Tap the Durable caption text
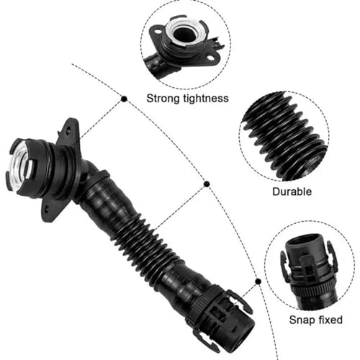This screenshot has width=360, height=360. click(x=292, y=192)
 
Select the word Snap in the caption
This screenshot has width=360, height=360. click(x=302, y=320)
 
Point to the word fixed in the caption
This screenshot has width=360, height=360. click(x=330, y=320)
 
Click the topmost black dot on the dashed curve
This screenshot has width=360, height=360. click(x=124, y=99)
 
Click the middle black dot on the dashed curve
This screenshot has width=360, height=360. click(x=207, y=184)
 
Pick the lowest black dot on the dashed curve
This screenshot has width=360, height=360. click(x=258, y=282)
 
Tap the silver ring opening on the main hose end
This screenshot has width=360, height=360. click(x=21, y=164)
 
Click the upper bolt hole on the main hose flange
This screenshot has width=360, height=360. click(x=69, y=132)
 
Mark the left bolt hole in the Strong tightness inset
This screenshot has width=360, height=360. click(x=157, y=31)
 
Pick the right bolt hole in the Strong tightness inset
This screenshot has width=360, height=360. click(x=210, y=58)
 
